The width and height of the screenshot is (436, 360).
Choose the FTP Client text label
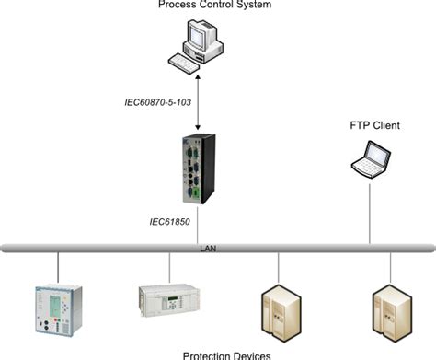pos(373,124)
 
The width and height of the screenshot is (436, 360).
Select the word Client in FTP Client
pos(385,124)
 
